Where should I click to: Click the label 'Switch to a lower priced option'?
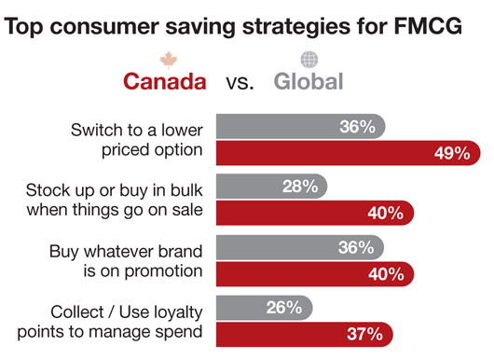coord(135,139)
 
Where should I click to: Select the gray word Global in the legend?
coord(309,81)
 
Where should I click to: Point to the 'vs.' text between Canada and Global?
coord(240,82)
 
